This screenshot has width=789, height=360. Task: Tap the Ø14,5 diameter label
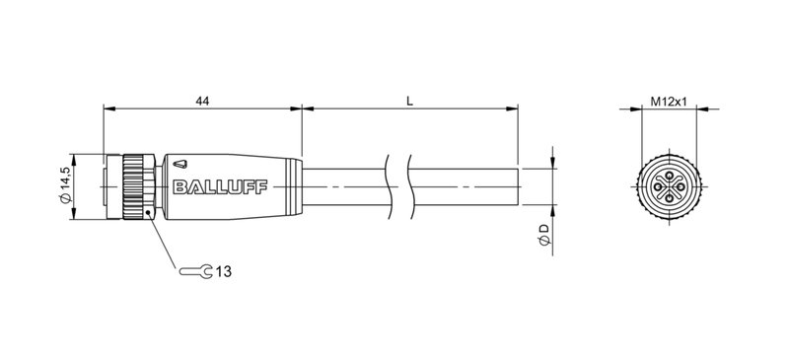pyautogui.click(x=65, y=184)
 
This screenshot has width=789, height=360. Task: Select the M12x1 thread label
pyautogui.click(x=669, y=101)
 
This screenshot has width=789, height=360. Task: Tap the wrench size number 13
pyautogui.click(x=225, y=269)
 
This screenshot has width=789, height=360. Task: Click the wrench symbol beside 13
pyautogui.click(x=196, y=269)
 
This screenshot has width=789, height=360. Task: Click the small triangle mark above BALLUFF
pyautogui.click(x=185, y=159)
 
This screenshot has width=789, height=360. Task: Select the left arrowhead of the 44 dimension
pyautogui.click(x=108, y=108)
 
